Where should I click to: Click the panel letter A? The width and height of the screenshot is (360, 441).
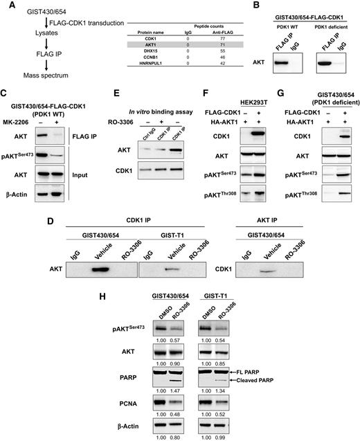(x=7, y=6)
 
